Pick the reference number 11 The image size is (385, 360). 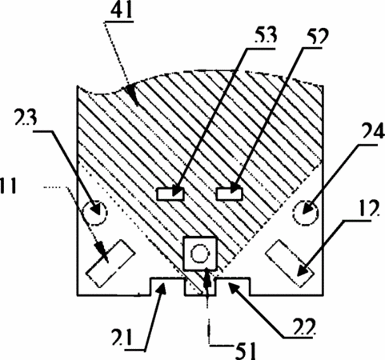(8, 186)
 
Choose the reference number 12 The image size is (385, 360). (369, 208)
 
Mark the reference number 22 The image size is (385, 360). (304, 327)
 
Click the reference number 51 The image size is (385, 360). (245, 350)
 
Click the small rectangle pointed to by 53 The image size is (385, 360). (170, 194)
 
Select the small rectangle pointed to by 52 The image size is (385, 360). (229, 194)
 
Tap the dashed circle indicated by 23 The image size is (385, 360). (94, 213)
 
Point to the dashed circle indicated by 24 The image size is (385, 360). (306, 212)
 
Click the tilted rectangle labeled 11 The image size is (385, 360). (110, 263)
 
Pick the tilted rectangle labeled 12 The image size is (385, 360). (290, 263)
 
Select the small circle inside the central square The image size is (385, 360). (199, 254)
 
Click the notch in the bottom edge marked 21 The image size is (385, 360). (166, 286)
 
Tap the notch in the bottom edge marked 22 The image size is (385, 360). (233, 286)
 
